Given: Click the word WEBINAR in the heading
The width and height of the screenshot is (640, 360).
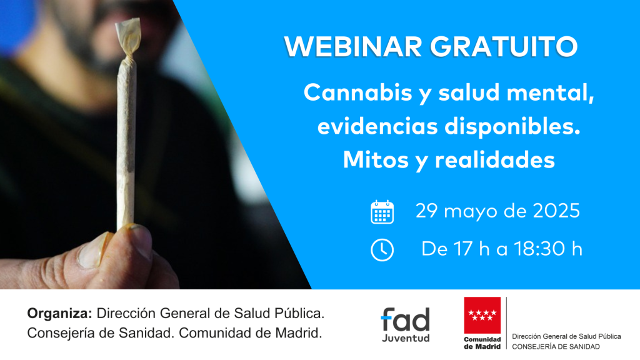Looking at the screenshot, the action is (x=353, y=46).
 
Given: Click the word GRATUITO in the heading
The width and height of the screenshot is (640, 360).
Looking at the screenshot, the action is (x=504, y=46).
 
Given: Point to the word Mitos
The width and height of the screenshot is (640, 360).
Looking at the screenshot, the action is (x=376, y=159).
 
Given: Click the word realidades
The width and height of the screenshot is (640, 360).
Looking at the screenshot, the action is (x=495, y=159).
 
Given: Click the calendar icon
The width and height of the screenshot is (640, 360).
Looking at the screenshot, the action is (x=382, y=212).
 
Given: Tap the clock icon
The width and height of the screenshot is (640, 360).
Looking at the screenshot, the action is (x=382, y=250).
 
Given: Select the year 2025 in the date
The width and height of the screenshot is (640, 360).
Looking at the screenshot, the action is (x=556, y=211).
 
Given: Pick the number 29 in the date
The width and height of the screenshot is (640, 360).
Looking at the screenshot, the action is (x=426, y=211).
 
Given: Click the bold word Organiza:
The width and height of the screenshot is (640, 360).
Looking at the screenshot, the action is (x=59, y=314).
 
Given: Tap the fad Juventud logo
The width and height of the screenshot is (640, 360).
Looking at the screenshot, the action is (x=405, y=324).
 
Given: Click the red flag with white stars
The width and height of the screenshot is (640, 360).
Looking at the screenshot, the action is (x=482, y=315).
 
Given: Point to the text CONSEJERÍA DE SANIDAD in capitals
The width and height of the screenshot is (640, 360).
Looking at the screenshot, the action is (x=556, y=347).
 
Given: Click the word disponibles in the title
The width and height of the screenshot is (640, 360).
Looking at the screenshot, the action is (x=512, y=126).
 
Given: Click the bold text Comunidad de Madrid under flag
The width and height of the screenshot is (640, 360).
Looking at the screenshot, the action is (x=482, y=343).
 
